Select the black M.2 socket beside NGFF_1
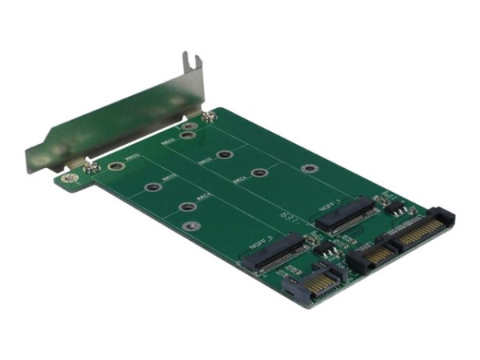350,214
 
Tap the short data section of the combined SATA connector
369,257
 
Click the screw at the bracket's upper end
208,116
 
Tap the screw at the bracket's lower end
92,167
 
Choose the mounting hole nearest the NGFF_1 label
309,169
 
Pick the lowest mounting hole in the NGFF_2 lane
190,226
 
